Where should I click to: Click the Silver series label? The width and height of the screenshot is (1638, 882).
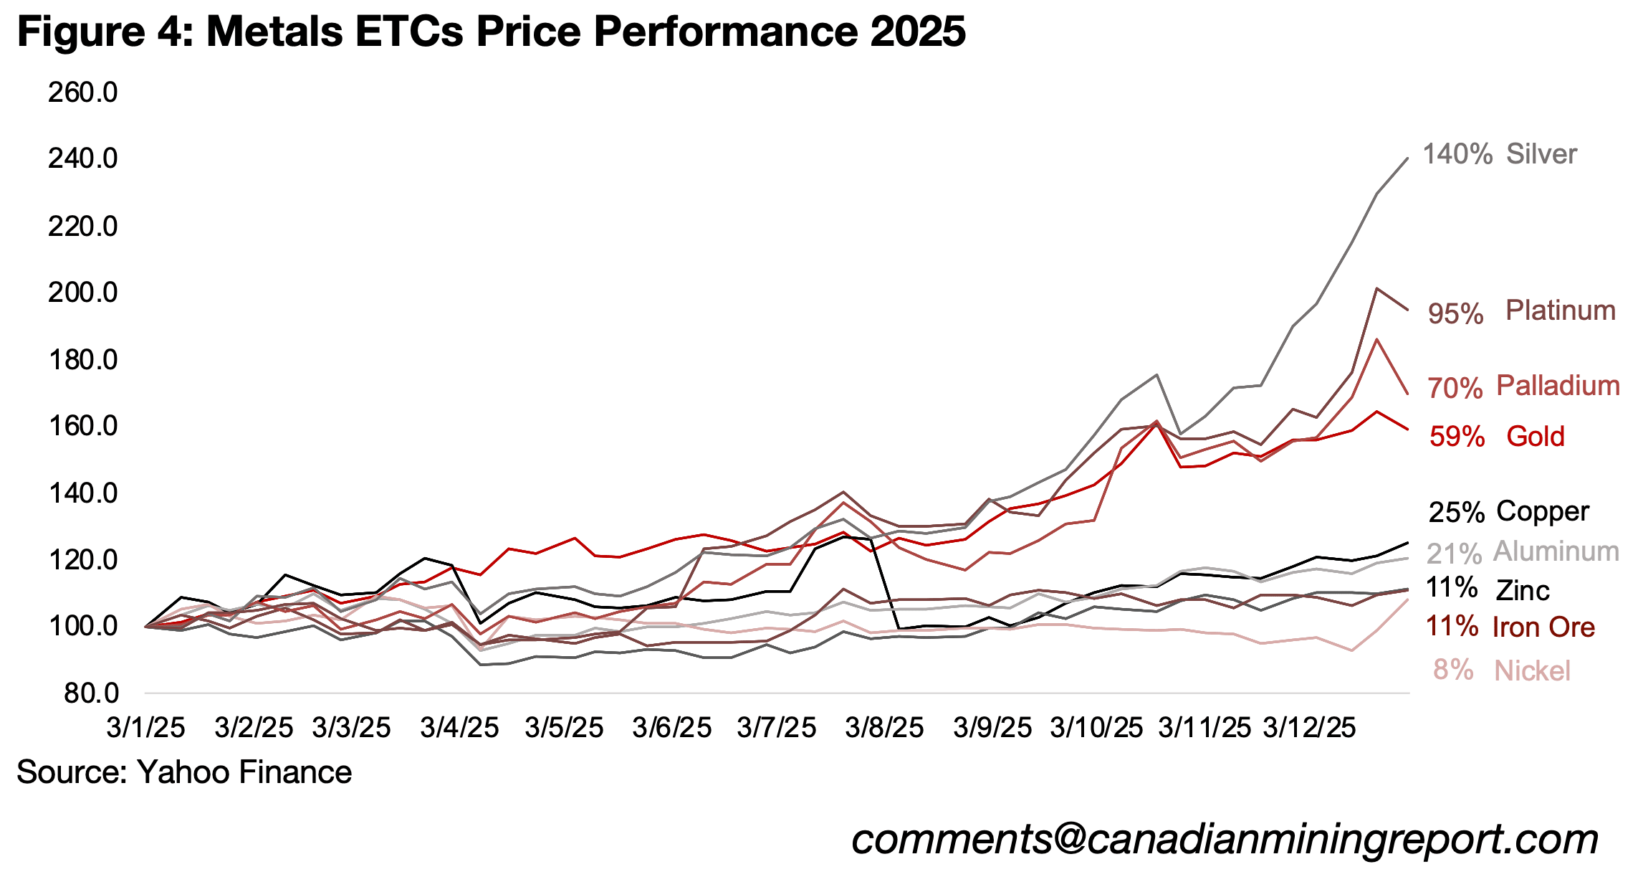pos(1541,154)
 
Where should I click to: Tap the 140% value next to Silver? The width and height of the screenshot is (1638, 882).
pos(1457,154)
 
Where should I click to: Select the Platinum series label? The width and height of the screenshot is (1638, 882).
pos(1560,310)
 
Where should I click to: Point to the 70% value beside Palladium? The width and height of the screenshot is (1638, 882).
pos(1455,388)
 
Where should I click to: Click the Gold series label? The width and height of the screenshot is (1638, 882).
pos(1535,436)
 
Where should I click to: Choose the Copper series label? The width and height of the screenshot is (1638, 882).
pos(1542,511)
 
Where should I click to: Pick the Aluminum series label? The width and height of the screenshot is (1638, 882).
pos(1556,551)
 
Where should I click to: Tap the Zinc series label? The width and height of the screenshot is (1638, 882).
pos(1522,591)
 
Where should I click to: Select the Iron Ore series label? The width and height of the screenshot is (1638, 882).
pos(1543,627)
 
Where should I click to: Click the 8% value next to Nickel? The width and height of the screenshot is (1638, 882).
pos(1452,670)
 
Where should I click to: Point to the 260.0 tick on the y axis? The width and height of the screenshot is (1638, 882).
pos(82,93)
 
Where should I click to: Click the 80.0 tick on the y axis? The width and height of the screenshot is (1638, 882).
pos(91,693)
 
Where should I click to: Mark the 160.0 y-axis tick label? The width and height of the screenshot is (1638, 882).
pos(82,426)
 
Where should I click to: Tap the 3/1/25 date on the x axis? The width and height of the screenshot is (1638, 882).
pos(145,728)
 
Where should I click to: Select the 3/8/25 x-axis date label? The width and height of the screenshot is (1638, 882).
pos(884,728)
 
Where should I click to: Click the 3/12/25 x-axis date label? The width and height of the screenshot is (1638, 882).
pos(1308,728)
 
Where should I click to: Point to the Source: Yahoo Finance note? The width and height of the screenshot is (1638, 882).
pos(184,772)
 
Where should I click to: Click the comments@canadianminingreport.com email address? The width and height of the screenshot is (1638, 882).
pos(1225,839)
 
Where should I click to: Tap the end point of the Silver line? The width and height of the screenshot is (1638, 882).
pos(1408,158)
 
